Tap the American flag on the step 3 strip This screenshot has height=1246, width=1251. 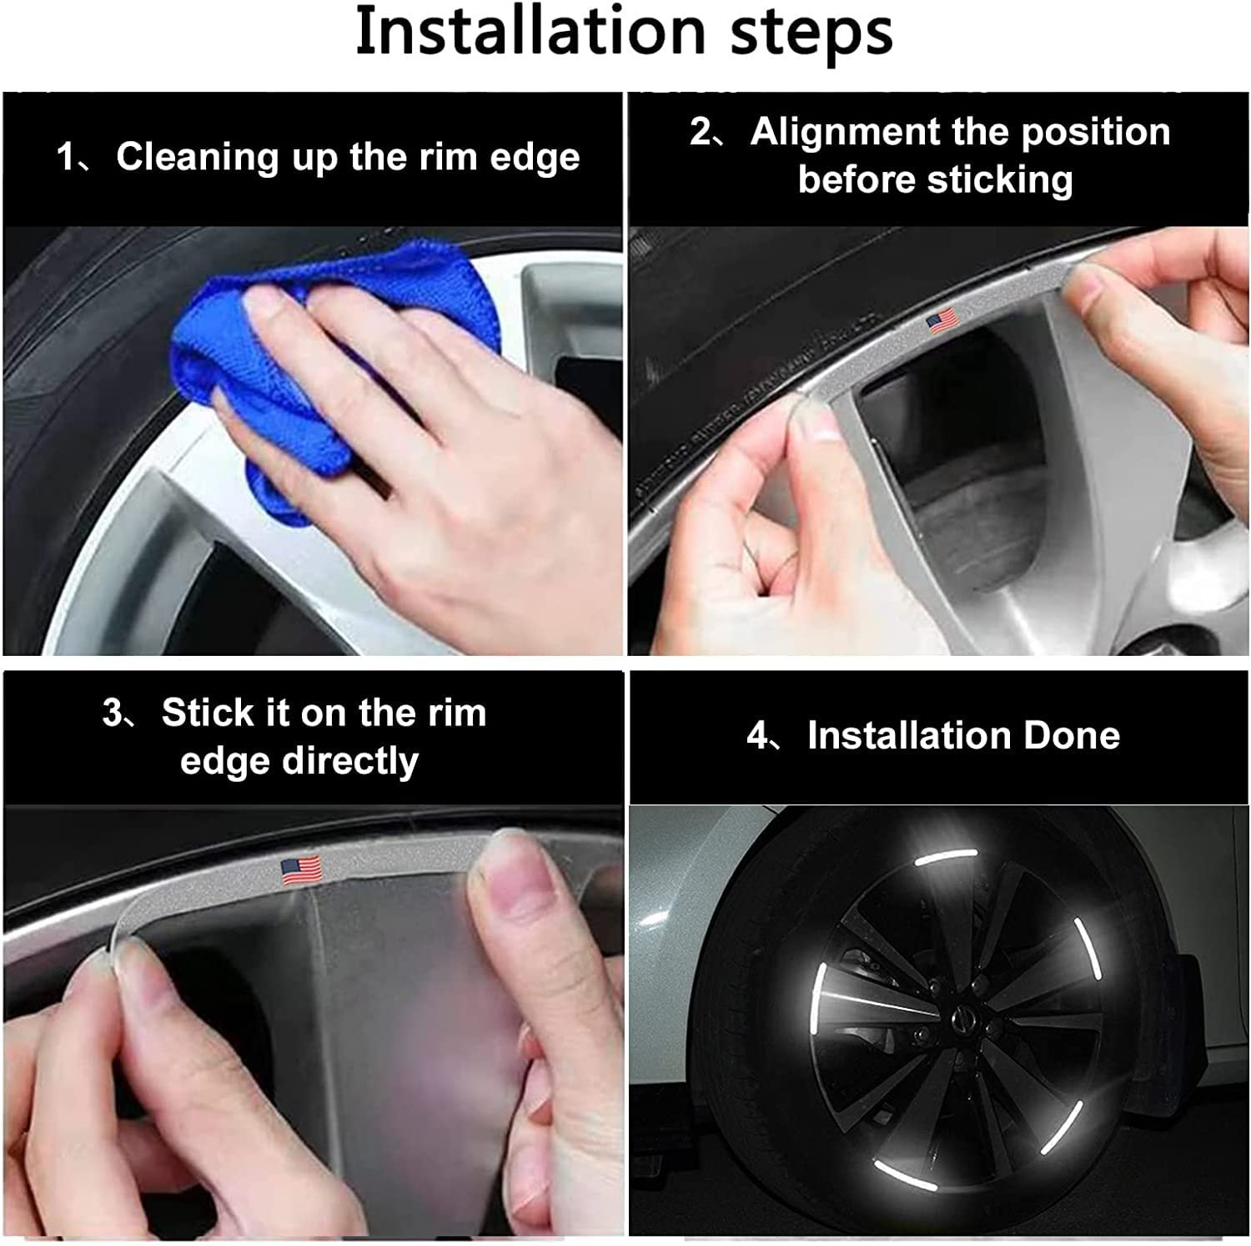click(301, 870)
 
